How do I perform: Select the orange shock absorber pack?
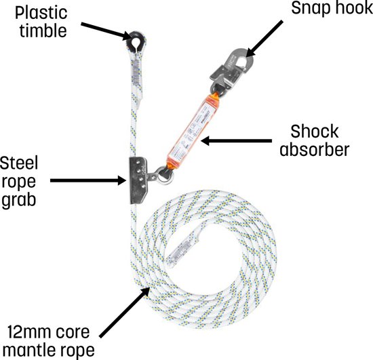(193, 132)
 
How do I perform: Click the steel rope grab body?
(138, 180)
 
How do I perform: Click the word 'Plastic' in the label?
(41, 13)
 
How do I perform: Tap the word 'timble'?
(43, 31)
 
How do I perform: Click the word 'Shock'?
(315, 132)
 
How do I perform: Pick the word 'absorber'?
(315, 150)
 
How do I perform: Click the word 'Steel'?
(19, 163)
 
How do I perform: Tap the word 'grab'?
(19, 201)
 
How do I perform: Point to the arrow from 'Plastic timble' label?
(106, 31)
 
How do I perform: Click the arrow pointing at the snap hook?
(264, 39)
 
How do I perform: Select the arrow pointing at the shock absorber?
(237, 141)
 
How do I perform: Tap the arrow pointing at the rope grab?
(88, 180)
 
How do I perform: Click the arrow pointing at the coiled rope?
(125, 312)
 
